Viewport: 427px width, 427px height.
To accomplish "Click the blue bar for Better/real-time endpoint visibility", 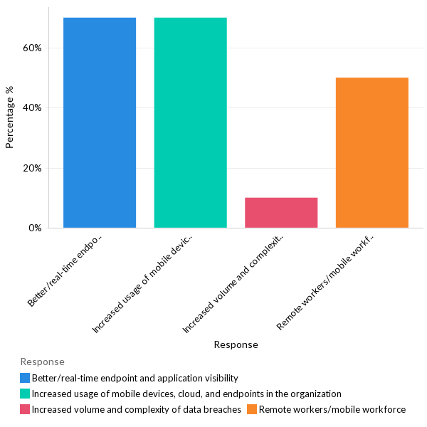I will (x=100, y=122).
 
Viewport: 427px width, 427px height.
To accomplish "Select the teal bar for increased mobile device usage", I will (x=190, y=122).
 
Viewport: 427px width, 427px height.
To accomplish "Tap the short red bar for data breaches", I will (x=281, y=213).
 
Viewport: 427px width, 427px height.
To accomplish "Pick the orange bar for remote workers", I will (x=371, y=153).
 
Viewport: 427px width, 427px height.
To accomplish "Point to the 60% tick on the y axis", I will (x=33, y=48).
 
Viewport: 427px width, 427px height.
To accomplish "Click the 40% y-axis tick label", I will (x=33, y=108).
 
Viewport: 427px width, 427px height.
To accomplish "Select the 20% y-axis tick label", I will (x=33, y=169).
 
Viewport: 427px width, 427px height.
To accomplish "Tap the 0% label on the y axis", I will (x=36, y=228).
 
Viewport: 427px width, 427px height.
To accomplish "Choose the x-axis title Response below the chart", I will (x=236, y=344).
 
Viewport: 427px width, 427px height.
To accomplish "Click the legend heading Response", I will (x=42, y=362).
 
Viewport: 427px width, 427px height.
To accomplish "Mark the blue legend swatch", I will (x=25, y=378).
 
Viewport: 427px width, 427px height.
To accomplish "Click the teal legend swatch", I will (x=25, y=394).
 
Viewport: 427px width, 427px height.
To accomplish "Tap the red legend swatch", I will (x=25, y=409).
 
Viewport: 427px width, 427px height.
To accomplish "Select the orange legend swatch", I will (x=252, y=409).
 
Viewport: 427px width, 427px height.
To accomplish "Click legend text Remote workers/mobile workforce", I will (x=332, y=409).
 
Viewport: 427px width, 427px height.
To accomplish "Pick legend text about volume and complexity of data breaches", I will (x=136, y=409).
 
